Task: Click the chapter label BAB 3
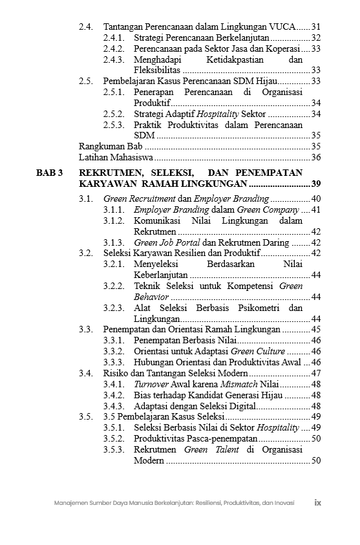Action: pos(49,173)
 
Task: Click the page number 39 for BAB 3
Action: pos(315,185)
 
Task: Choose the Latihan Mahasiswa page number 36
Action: pos(315,157)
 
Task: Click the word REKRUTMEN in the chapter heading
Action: pos(107,173)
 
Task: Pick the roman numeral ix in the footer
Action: pos(318,502)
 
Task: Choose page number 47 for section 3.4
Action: pos(315,374)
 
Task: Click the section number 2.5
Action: pos(85,81)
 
